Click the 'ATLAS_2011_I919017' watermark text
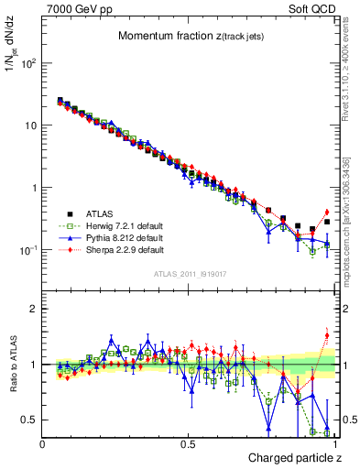click(189, 276)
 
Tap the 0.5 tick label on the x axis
click(189, 443)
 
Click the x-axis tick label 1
click(335, 443)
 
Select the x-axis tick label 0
click(43, 443)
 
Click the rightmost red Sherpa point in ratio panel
click(326, 335)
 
